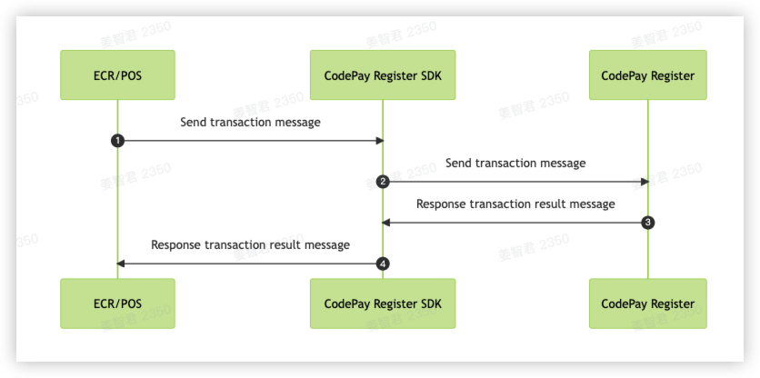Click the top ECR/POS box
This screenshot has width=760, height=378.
tap(117, 75)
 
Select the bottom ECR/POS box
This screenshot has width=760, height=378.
tap(117, 303)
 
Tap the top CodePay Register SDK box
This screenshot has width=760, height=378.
tap(383, 75)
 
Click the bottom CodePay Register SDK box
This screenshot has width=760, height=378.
tap(383, 303)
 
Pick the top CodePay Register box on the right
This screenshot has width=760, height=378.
tap(647, 75)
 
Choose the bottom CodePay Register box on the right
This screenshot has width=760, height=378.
tap(647, 303)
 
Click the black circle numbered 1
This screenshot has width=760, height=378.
tap(117, 141)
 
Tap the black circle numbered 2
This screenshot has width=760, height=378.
tap(383, 182)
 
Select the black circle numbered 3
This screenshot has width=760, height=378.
tap(647, 223)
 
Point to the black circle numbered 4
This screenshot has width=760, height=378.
tap(383, 264)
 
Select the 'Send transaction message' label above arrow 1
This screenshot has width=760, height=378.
tap(250, 122)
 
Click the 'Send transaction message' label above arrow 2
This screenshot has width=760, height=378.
tap(515, 163)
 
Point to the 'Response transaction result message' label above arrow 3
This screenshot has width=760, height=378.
tap(515, 204)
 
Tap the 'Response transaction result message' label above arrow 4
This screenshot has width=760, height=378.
tap(250, 244)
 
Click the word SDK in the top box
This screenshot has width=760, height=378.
tap(429, 75)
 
